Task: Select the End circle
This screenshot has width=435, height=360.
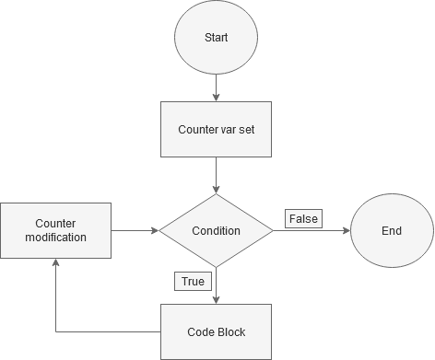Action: tap(392, 230)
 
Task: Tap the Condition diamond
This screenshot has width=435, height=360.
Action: tap(216, 230)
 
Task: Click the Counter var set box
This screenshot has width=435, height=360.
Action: tap(216, 129)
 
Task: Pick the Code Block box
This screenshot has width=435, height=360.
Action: tap(216, 331)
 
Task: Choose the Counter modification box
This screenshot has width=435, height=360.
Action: tap(55, 230)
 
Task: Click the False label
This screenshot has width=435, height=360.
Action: tap(303, 218)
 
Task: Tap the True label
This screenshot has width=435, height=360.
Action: tap(192, 280)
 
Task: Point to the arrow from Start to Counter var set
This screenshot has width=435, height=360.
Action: tap(216, 87)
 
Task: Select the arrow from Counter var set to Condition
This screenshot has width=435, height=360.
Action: tap(216, 175)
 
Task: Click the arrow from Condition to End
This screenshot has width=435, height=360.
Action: tap(312, 230)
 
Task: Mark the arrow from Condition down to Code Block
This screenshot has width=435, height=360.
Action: tap(216, 285)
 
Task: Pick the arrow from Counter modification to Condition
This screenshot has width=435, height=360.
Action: tap(135, 230)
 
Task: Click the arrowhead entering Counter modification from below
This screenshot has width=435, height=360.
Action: tap(55, 263)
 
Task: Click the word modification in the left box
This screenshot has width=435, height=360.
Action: tap(55, 238)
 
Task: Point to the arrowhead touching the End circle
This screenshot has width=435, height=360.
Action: tap(346, 230)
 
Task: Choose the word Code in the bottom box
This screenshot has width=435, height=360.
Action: tap(200, 331)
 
